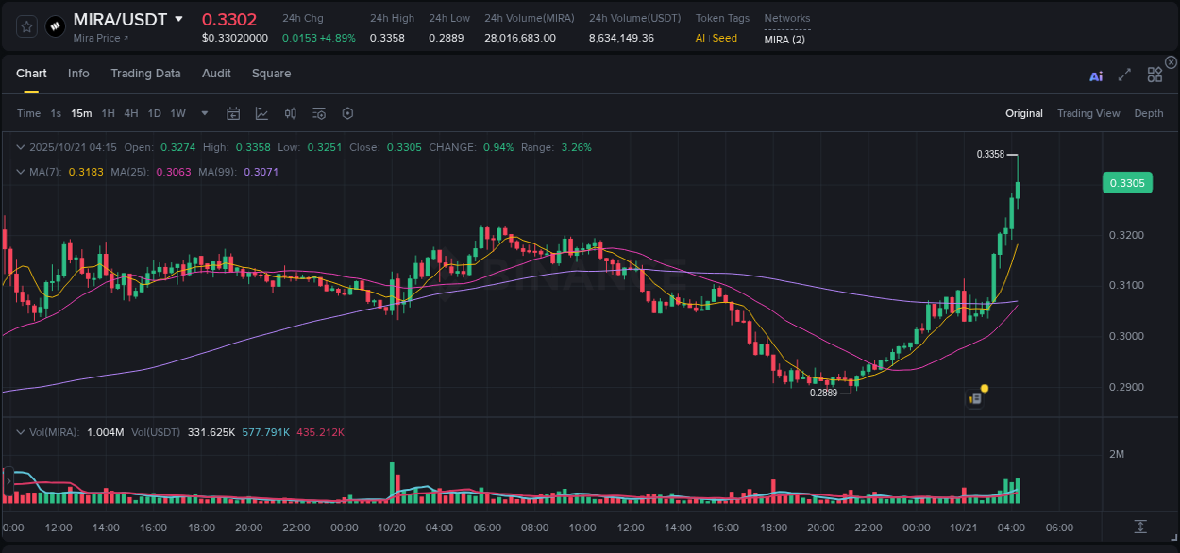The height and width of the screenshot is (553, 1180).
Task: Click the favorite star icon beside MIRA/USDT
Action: click(26, 26)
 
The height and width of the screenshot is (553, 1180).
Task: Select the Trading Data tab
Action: click(145, 74)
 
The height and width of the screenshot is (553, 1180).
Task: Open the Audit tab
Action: click(216, 74)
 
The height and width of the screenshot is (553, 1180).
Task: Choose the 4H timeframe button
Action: click(130, 113)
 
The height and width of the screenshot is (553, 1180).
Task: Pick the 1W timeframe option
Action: click(177, 113)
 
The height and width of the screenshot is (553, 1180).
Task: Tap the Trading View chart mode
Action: click(1088, 113)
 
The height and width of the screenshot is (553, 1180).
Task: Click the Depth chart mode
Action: click(1149, 113)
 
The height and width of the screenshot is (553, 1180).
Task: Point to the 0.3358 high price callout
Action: click(990, 154)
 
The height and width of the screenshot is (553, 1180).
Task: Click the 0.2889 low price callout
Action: click(824, 393)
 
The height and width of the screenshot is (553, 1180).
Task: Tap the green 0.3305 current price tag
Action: click(1127, 183)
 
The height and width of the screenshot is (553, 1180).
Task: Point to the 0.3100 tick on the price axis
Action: click(1127, 286)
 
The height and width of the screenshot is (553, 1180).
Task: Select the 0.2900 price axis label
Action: click(1127, 388)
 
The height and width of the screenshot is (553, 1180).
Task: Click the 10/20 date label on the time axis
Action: click(391, 528)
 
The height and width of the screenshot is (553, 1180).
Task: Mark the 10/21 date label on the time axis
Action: click(964, 528)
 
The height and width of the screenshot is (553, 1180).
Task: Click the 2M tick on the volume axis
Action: click(1117, 454)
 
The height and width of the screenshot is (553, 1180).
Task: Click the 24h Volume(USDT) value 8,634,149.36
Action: click(621, 38)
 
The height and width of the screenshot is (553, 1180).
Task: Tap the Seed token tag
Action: click(725, 38)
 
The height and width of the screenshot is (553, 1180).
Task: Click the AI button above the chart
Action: click(1096, 76)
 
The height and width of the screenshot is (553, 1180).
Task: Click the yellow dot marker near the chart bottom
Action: click(985, 388)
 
